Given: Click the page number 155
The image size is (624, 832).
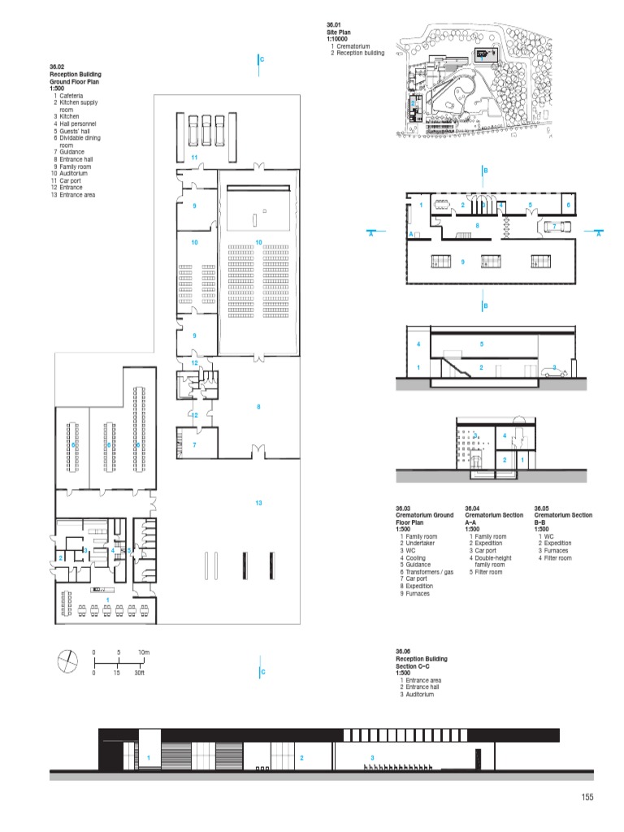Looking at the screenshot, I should pyautogui.click(x=587, y=797).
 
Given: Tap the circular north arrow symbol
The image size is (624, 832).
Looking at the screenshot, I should pyautogui.click(x=67, y=661).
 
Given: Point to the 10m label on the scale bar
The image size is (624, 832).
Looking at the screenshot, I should pyautogui.click(x=144, y=652).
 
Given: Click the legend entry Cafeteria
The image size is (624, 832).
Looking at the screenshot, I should pyautogui.click(x=71, y=96).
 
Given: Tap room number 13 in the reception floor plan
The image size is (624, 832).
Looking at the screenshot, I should pyautogui.click(x=258, y=503).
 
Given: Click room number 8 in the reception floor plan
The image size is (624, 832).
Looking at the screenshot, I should pyautogui.click(x=258, y=405).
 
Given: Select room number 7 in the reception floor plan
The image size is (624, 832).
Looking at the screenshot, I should pyautogui.click(x=195, y=444).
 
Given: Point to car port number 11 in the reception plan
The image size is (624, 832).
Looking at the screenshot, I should pyautogui.click(x=194, y=156).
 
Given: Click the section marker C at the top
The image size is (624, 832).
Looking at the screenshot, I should pyautogui.click(x=262, y=60).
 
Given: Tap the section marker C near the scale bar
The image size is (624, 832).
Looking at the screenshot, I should pyautogui.click(x=262, y=672).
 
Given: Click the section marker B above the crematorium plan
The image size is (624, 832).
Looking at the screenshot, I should pyautogui.click(x=485, y=171).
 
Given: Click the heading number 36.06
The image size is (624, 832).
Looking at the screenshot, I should pyautogui.click(x=403, y=652).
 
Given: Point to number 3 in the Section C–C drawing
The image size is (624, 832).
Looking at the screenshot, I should pyautogui.click(x=371, y=758).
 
